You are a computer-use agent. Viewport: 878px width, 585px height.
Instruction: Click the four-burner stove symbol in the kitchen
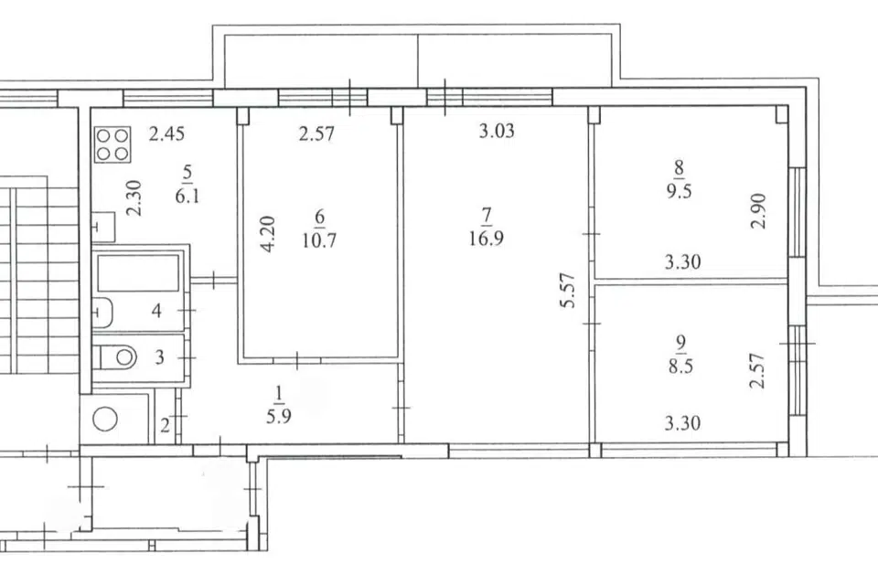(x=112, y=144)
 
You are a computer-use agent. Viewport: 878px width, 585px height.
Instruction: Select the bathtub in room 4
(x=138, y=273)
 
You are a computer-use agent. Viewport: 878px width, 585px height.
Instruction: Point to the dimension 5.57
(x=568, y=290)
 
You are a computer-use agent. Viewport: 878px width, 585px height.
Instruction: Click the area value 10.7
(x=319, y=240)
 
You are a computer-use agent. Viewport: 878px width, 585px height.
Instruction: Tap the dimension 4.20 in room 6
(x=268, y=234)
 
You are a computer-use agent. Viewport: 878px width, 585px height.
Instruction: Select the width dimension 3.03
(x=497, y=131)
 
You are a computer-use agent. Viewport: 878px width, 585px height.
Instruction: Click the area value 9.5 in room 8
(x=679, y=191)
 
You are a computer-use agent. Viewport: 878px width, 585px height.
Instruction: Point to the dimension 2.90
(x=758, y=210)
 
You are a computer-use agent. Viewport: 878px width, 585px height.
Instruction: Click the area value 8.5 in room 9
(x=680, y=367)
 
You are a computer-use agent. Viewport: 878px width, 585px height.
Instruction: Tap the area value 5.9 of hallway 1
(x=278, y=417)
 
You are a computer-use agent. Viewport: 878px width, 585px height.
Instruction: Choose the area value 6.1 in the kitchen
(x=187, y=197)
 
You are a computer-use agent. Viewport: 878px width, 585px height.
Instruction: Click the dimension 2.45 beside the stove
(x=166, y=134)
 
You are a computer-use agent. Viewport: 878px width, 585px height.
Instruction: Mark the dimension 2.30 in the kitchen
(x=134, y=197)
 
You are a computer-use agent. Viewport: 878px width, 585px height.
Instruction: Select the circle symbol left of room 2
(x=104, y=419)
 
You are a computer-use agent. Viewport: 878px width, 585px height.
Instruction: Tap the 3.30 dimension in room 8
(x=682, y=262)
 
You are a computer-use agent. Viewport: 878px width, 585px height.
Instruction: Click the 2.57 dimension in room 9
(x=756, y=370)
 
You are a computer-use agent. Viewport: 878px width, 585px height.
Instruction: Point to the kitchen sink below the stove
(x=103, y=227)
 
